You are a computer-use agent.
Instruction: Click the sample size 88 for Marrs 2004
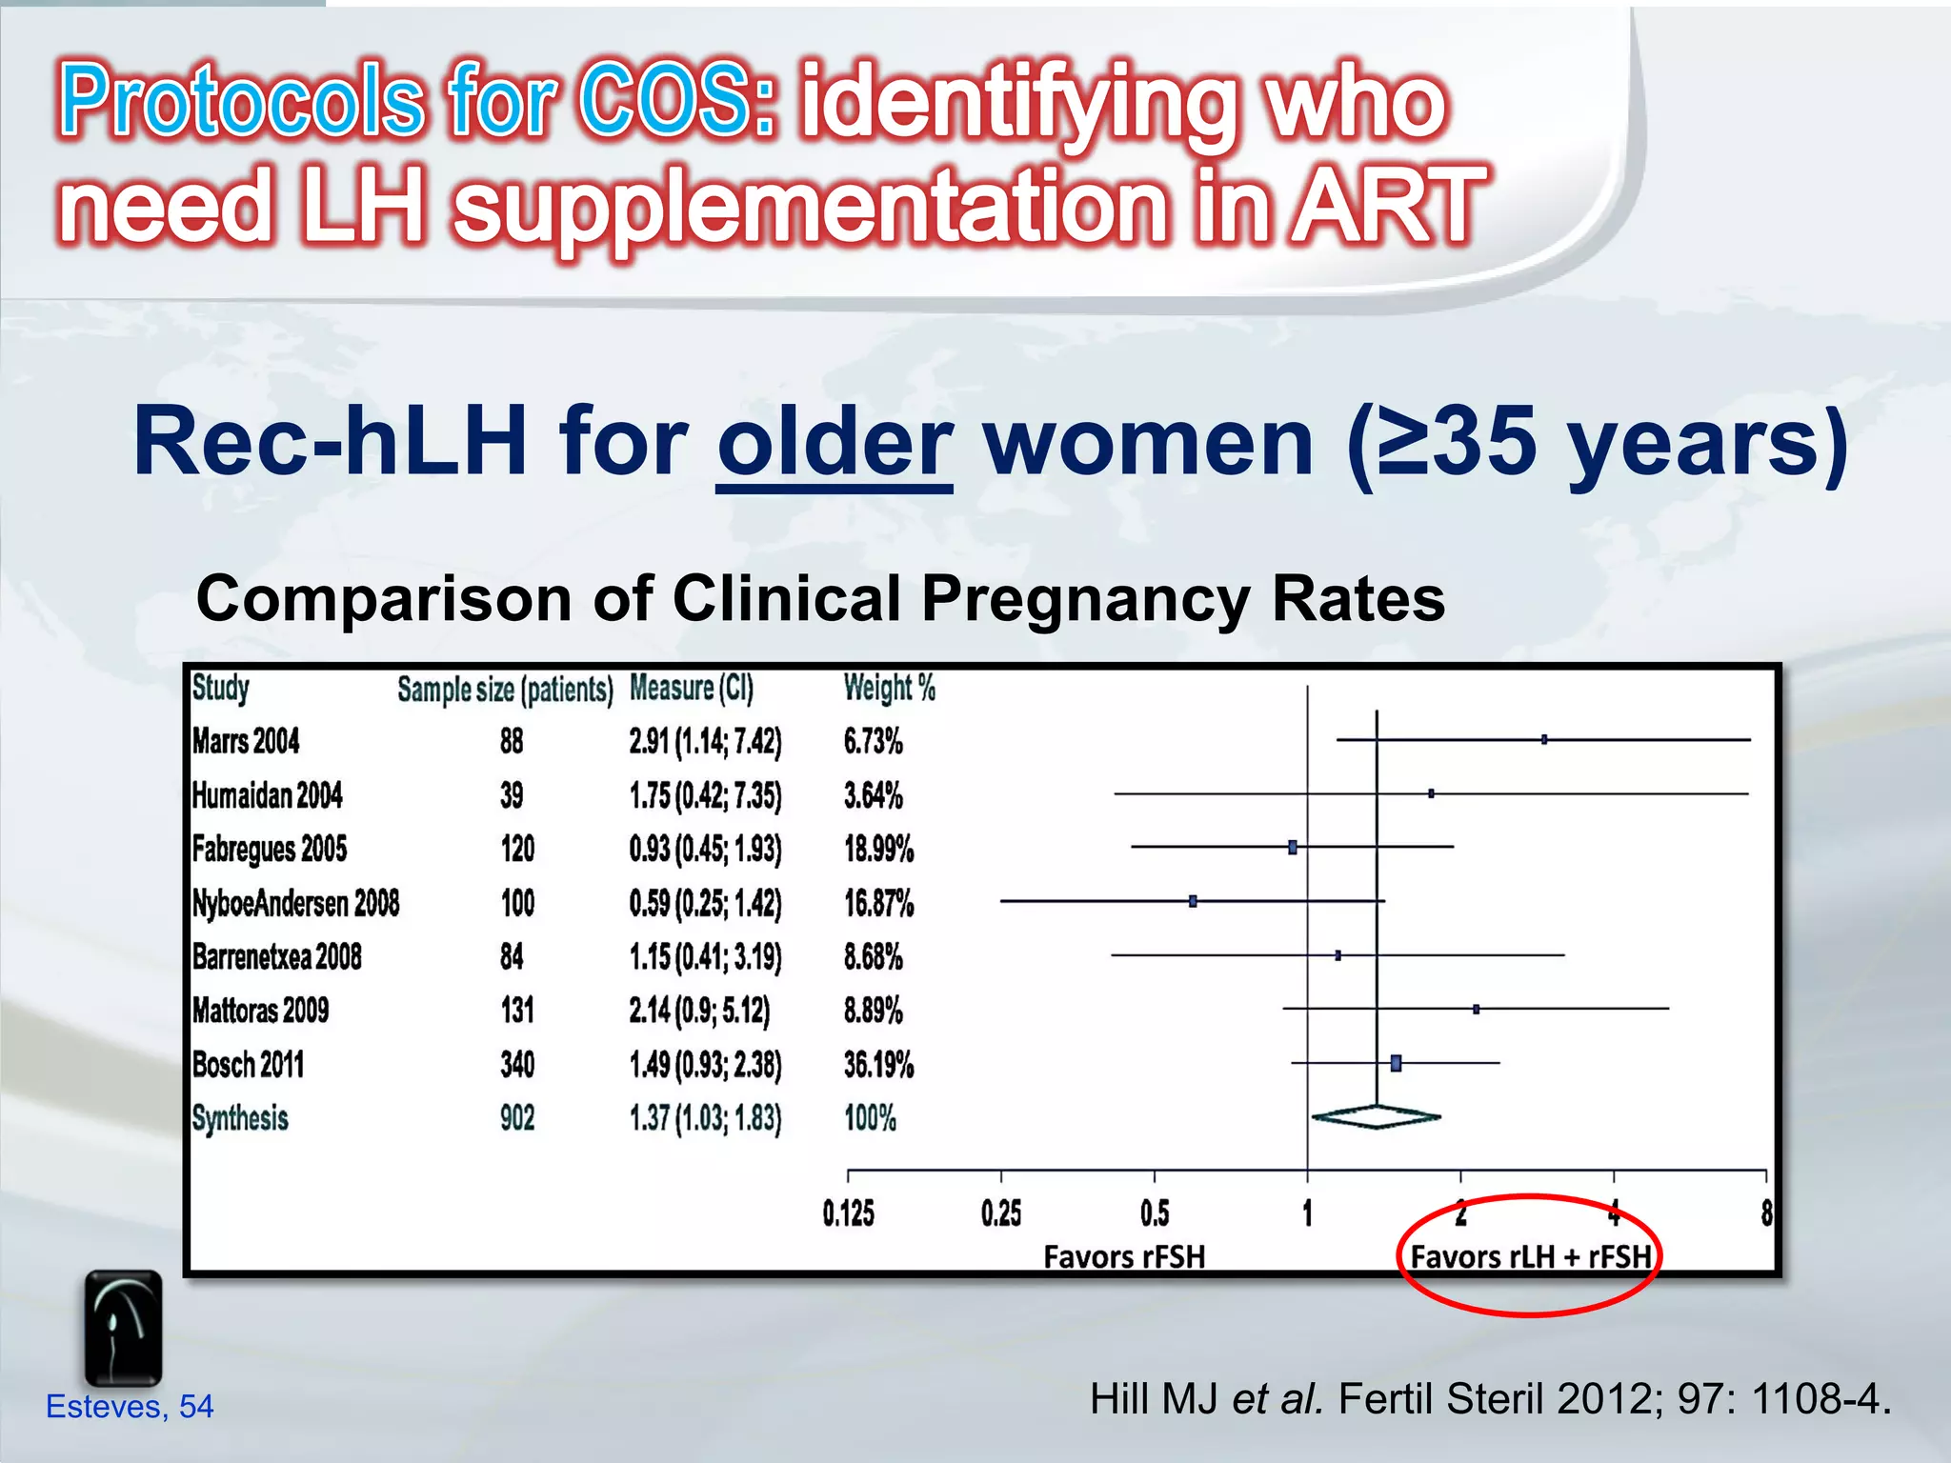512,741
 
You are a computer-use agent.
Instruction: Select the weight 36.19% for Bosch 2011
878,1065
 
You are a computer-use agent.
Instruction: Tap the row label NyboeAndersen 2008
295,903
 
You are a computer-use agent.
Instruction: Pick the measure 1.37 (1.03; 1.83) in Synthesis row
705,1118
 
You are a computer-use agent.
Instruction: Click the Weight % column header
889,688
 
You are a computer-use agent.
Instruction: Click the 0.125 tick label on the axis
848,1213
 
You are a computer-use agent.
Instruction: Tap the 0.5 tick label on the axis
1155,1213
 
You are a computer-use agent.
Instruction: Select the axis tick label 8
1766,1213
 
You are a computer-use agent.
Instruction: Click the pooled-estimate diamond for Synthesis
1376,1116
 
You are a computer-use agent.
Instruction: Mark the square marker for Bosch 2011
1396,1063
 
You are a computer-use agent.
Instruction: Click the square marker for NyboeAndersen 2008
1193,901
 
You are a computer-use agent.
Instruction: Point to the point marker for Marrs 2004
1544,739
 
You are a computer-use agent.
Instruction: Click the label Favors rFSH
1124,1257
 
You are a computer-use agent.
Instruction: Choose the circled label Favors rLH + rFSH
1530,1257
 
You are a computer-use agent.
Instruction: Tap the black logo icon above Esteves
123,1328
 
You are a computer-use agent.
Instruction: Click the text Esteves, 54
130,1406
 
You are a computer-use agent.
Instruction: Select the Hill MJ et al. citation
1489,1399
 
